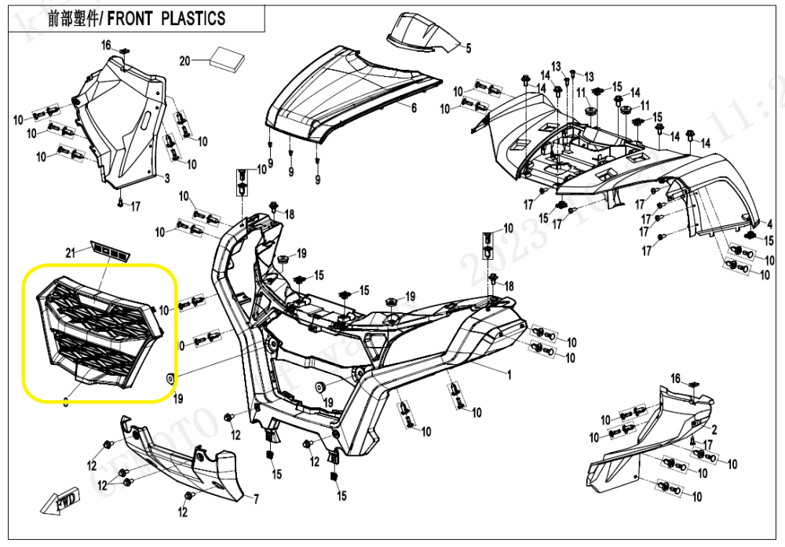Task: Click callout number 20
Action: pyautogui.click(x=185, y=61)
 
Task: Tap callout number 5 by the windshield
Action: pyautogui.click(x=468, y=49)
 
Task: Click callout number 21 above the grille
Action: pyautogui.click(x=68, y=252)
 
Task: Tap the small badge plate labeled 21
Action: pyautogui.click(x=110, y=250)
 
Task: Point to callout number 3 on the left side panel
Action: pyautogui.click(x=166, y=179)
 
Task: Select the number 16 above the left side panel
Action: pyautogui.click(x=106, y=45)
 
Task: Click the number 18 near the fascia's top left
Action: pyautogui.click(x=289, y=214)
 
